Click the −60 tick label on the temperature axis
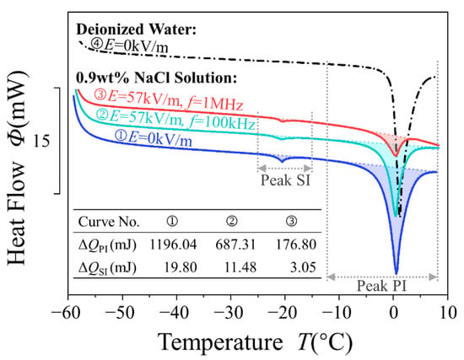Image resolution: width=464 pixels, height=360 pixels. point(66,313)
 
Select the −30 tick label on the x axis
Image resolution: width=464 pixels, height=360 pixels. point(227,313)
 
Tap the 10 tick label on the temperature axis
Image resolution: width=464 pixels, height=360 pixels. point(448,313)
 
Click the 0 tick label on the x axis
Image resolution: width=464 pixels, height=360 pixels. point(394,313)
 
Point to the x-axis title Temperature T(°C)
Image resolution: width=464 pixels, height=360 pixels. point(255,343)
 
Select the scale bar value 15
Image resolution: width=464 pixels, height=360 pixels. point(41,141)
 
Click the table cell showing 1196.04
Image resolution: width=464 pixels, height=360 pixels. point(173,245)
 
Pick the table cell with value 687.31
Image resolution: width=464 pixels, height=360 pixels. point(235,245)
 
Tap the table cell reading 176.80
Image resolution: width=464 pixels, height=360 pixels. point(296,245)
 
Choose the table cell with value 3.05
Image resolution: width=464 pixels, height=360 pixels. point(303,267)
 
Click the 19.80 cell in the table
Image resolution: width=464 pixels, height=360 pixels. point(181,267)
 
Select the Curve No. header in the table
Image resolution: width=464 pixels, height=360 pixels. point(109,222)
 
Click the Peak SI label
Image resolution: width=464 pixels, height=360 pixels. point(285,180)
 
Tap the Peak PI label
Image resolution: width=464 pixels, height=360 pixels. point(381,286)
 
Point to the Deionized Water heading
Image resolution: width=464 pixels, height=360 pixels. point(137,30)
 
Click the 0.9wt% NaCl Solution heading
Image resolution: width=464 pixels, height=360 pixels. point(157,78)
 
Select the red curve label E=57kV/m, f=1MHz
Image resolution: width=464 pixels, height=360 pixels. point(169,100)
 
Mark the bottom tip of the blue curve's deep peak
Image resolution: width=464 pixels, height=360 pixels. point(397,274)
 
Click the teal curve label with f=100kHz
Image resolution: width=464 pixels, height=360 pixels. point(175,120)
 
